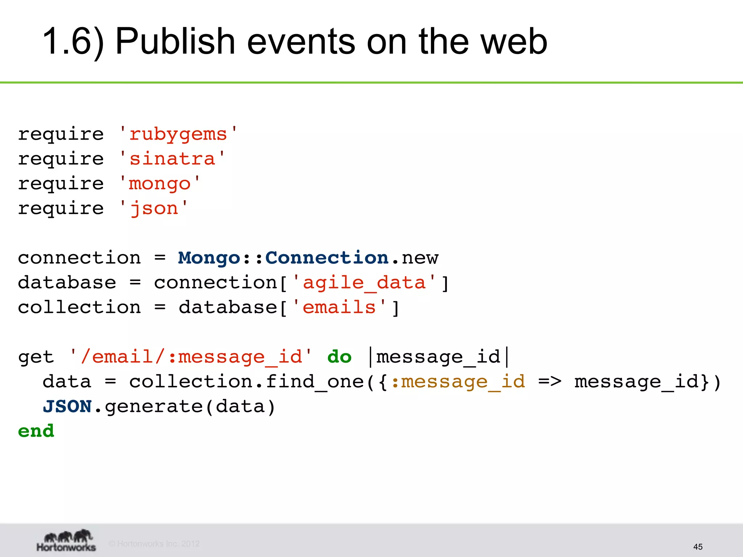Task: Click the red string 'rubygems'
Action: pos(178,135)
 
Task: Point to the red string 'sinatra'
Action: pos(172,159)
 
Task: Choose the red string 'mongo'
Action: pos(160,184)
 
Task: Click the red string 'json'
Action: pos(154,209)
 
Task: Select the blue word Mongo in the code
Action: pos(209,258)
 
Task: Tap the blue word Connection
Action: pos(327,258)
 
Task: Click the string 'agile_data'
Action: pos(364,283)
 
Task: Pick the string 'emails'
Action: pos(339,308)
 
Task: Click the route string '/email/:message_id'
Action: pos(191,357)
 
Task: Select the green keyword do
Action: pos(339,357)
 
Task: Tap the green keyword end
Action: pos(36,431)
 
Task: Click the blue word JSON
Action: pos(67,407)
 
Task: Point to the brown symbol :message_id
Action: pos(458,382)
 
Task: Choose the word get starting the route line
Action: pos(36,357)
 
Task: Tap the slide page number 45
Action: pos(698,546)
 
